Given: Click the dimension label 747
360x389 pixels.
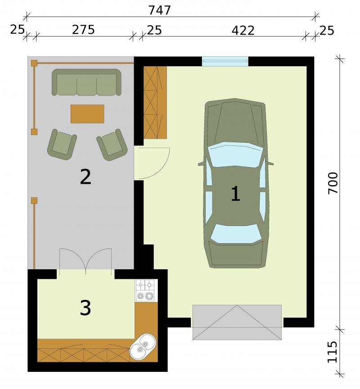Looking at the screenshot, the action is click(160, 10).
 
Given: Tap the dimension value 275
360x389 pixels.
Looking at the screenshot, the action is click(83, 30).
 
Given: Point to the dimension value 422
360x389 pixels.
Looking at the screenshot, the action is click(243, 31).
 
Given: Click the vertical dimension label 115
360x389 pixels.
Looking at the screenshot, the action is click(333, 352).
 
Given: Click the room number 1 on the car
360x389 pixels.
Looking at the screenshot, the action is click(235, 194).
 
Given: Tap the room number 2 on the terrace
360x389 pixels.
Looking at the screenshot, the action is click(85, 176).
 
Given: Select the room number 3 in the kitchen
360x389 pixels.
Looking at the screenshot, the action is click(85, 308).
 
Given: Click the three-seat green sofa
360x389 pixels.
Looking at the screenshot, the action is click(86, 82).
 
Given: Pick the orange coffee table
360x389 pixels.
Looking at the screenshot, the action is click(87, 114).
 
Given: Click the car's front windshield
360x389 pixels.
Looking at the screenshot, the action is click(235, 154).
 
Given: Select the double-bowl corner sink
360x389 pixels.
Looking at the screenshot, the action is click(143, 346).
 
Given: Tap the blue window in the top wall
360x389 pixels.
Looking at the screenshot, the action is click(225, 61).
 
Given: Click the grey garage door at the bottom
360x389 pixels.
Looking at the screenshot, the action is click(237, 322).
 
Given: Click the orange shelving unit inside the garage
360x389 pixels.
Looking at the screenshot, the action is click(155, 103).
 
